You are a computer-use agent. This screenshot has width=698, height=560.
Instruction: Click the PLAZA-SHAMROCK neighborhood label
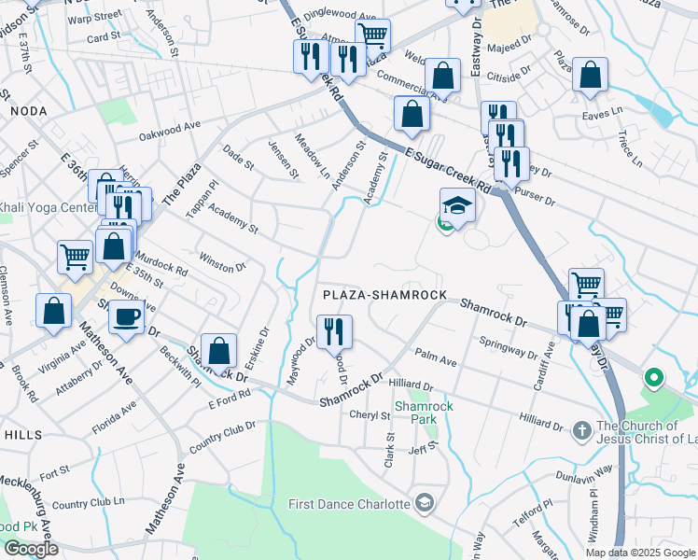point(384,295)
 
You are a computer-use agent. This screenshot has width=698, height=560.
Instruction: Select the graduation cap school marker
point(457,204)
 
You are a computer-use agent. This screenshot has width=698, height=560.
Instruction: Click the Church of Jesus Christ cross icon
point(580,429)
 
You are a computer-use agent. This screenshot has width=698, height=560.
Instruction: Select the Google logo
point(31,549)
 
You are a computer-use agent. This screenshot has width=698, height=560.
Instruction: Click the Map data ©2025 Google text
point(640,553)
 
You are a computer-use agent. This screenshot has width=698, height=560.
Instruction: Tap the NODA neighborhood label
point(28,111)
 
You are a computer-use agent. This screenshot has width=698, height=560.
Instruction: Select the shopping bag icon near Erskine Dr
point(217,351)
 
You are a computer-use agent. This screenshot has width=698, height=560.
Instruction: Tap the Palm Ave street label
point(436,358)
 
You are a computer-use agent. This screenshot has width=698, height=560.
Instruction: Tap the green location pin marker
point(653,378)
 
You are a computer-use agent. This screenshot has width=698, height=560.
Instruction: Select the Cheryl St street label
point(370,414)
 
